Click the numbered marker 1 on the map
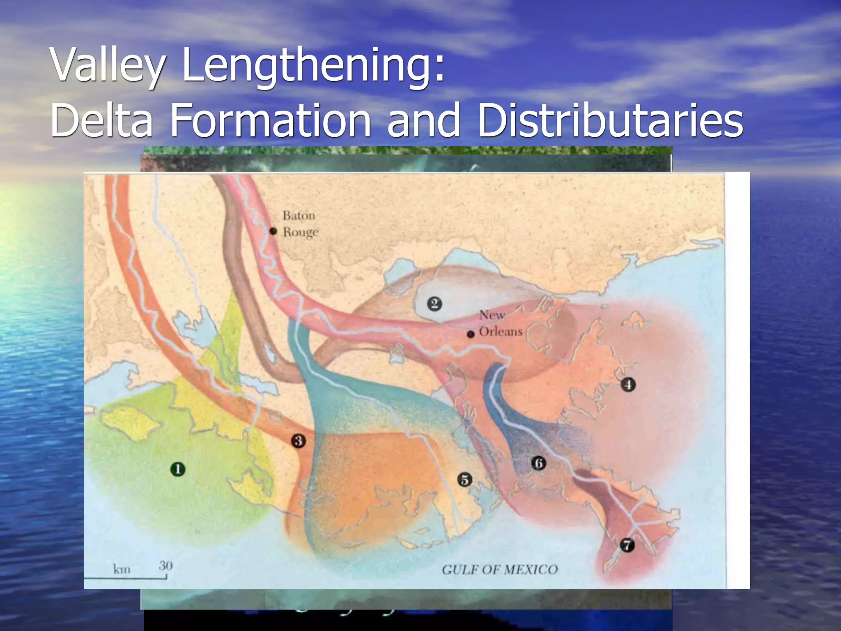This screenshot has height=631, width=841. pos(177,469)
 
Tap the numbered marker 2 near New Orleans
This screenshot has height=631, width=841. pos(434,304)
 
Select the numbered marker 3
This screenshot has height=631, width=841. pos(299,441)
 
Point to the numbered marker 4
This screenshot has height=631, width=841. pos(628,385)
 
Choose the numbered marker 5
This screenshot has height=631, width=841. pos(464,479)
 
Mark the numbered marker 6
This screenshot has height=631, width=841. pos(539,463)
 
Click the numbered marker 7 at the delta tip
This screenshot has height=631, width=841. pos(627,545)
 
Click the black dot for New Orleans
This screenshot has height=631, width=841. pos(471,334)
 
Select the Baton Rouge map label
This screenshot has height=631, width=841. pos(300,223)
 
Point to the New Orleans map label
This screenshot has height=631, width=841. pos(500,323)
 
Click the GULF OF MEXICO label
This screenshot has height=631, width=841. pos(500,569)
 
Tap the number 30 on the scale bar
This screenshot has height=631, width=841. pos(165,566)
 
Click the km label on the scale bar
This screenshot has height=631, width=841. pos(122,569)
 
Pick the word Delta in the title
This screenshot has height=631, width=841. pos(101,121)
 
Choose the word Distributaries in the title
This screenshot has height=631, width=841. pos(610,121)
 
